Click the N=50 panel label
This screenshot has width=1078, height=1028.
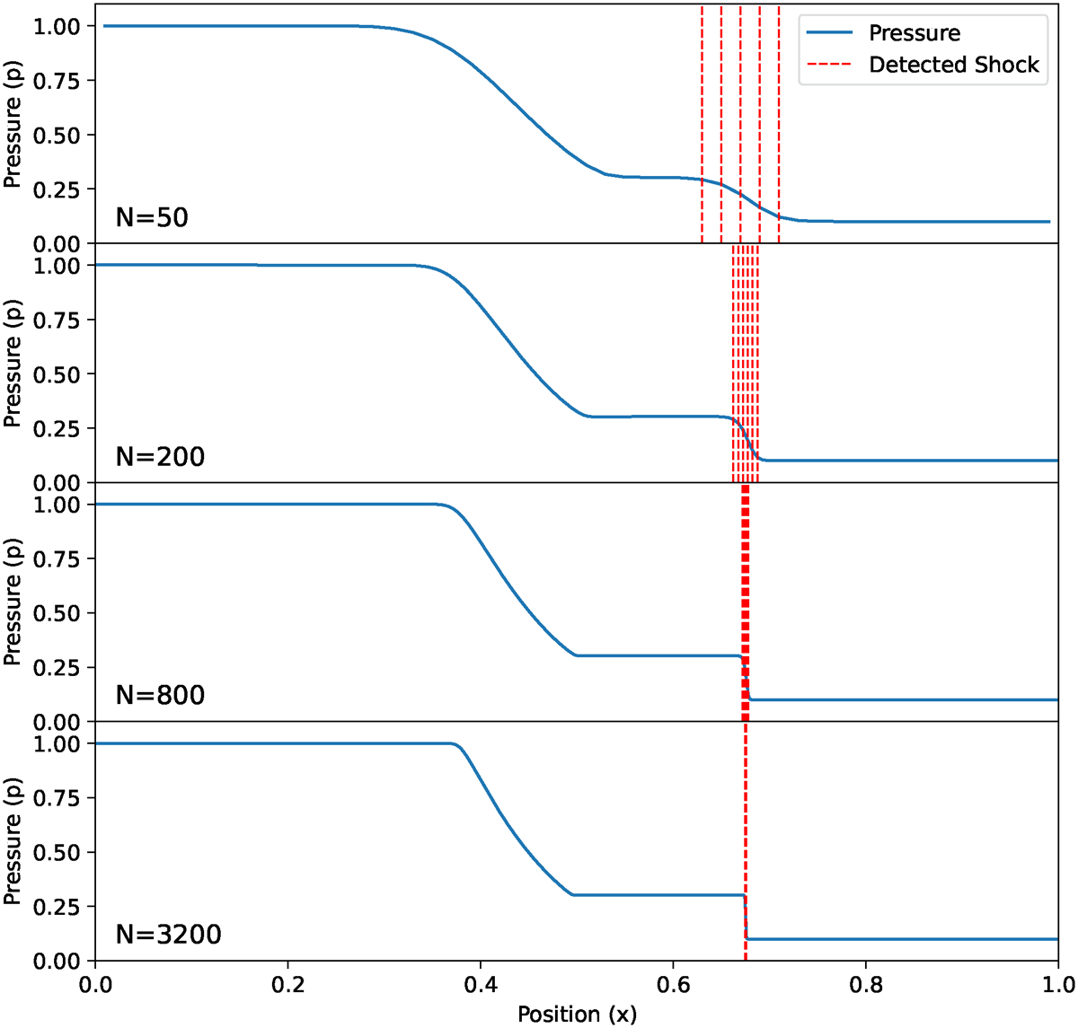point(152,218)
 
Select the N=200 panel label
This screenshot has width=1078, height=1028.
point(160,457)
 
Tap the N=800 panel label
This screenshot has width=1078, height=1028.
point(160,696)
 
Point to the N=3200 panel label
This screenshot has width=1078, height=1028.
point(168,935)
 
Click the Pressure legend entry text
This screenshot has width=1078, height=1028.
point(915,34)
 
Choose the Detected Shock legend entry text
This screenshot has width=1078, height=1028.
point(953,66)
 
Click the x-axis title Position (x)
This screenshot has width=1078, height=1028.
point(577,1015)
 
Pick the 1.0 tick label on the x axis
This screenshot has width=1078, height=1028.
point(1057,983)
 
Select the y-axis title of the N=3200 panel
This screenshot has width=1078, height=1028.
point(13,842)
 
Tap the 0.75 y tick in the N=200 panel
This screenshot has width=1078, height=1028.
point(57,321)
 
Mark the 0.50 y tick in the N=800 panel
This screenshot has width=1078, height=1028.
point(57,614)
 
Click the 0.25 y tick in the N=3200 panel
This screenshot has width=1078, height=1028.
point(57,907)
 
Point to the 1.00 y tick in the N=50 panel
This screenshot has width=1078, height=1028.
point(57,27)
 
